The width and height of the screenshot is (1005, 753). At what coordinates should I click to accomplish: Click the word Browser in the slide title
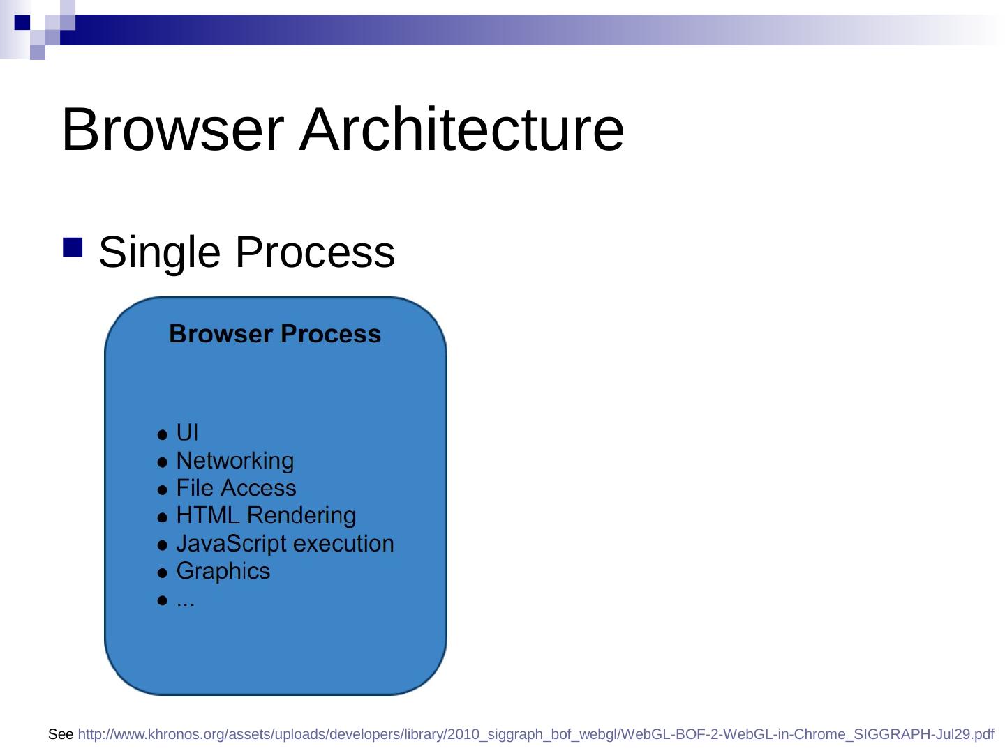tap(172, 129)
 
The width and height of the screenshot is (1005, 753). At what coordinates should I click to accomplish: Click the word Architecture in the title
tap(461, 129)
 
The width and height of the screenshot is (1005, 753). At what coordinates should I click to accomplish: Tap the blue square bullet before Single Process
tap(73, 248)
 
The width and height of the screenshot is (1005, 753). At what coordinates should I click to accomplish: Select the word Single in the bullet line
tap(159, 253)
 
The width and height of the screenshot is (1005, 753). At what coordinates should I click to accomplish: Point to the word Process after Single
tap(315, 252)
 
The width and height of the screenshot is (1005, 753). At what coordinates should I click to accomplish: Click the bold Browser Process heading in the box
tap(275, 334)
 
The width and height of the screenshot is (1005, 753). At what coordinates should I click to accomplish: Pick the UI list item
tap(187, 432)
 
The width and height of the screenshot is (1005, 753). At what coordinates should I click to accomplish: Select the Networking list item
tap(235, 460)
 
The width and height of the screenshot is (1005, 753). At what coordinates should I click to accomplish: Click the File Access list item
tap(237, 488)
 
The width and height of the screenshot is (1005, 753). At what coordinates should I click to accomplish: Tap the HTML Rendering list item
tap(266, 515)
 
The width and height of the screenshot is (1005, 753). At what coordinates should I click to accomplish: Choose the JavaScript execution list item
tap(285, 544)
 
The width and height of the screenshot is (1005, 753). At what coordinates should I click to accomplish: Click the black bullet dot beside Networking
tap(162, 463)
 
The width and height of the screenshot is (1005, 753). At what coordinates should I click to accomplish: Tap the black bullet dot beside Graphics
tap(162, 573)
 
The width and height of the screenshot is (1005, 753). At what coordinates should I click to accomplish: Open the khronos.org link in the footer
tap(536, 734)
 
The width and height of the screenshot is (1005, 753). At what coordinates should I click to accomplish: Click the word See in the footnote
tap(61, 734)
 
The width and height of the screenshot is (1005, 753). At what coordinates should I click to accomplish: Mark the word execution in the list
tap(343, 544)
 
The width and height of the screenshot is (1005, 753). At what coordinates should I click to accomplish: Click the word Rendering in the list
tap(301, 516)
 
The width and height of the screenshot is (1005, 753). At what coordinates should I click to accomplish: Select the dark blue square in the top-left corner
tap(22, 22)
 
